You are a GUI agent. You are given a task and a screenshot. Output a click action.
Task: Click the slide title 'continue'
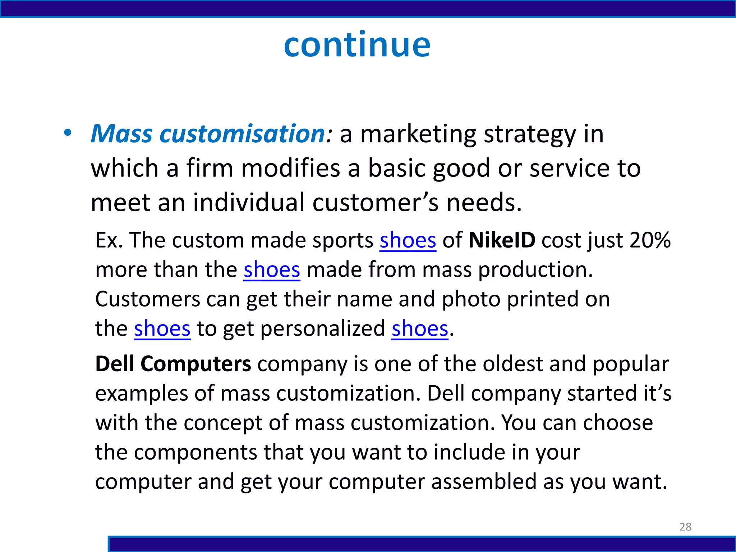pyautogui.click(x=357, y=45)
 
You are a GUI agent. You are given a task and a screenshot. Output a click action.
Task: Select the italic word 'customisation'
pyautogui.click(x=243, y=134)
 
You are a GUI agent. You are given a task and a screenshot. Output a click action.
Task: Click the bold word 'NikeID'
pyautogui.click(x=502, y=240)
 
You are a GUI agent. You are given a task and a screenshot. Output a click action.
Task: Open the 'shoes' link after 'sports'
pyautogui.click(x=408, y=240)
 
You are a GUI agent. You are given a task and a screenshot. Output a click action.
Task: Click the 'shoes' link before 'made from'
pyautogui.click(x=272, y=270)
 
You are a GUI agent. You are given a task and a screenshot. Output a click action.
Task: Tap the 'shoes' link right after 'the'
pyautogui.click(x=162, y=328)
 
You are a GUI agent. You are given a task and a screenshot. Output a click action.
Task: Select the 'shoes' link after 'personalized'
pyautogui.click(x=420, y=328)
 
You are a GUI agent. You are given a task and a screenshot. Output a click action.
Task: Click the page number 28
pyautogui.click(x=685, y=526)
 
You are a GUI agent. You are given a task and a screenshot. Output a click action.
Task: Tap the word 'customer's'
pyautogui.click(x=375, y=203)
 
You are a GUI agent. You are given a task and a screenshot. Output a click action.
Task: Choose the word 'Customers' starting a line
pyautogui.click(x=147, y=299)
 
